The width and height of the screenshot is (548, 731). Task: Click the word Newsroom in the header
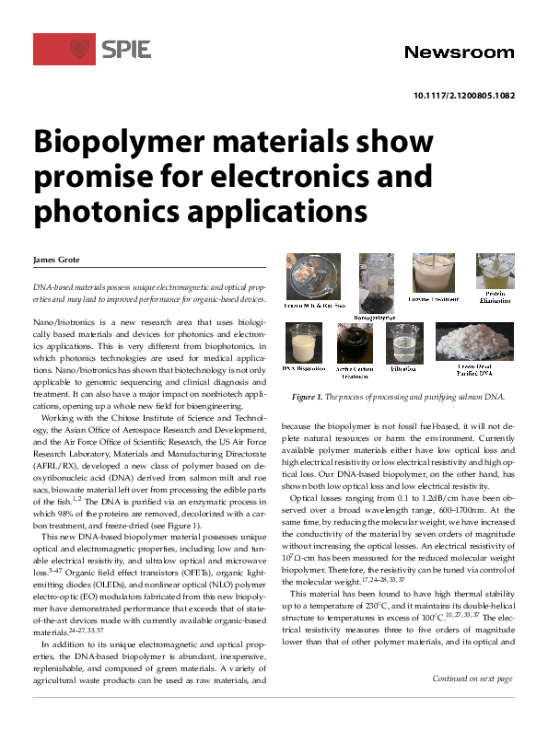point(459,52)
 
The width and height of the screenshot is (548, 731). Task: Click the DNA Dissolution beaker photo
point(307,342)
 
